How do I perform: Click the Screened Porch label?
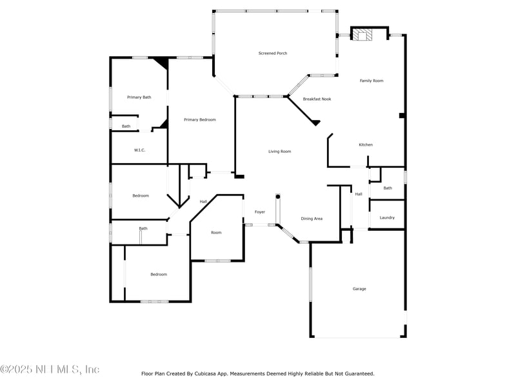pos(273,53)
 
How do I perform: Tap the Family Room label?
pos(372,81)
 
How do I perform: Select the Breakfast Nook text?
pos(317,99)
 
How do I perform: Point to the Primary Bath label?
pos(139,97)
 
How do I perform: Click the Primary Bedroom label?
pos(200,119)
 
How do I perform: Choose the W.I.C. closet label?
pos(140,150)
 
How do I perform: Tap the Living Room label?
pos(280,152)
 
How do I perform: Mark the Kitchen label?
pos(366,144)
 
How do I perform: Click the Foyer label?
pos(260,212)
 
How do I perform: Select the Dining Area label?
pos(312,219)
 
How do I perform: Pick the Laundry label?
pos(387,217)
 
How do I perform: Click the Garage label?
pos(359,288)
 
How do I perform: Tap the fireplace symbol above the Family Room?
pos(362,35)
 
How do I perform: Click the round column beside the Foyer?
pos(278,196)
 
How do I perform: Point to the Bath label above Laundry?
pos(388,188)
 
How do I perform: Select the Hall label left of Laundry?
pos(359,193)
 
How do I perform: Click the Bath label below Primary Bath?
pos(126,126)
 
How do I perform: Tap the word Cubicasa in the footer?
pos(209,373)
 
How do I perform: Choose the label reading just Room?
pos(216,232)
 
